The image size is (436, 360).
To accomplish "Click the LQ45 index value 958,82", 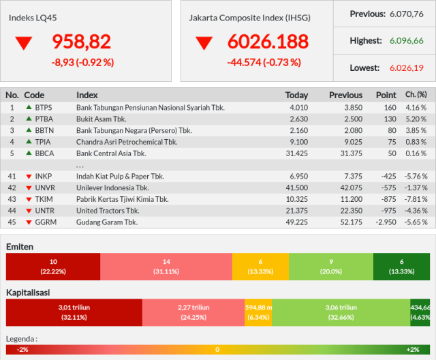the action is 82,42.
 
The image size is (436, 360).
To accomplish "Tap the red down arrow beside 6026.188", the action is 204,43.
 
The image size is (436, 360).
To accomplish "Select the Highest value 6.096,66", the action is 406,41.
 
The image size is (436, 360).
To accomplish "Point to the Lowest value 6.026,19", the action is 406,68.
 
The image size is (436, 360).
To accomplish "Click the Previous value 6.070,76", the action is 406,14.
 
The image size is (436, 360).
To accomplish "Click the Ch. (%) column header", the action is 416,95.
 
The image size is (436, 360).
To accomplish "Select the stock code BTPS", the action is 44,108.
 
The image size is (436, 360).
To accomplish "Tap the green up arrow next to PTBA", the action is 29,119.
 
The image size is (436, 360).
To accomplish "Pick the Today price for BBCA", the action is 297,153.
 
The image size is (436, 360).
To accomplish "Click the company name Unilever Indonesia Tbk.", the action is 112,187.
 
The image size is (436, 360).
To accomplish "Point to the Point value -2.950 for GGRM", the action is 386,222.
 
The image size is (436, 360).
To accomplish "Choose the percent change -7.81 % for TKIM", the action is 416,200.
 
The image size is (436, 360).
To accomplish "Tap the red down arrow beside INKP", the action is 29,177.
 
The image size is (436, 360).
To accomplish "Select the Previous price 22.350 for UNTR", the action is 352,211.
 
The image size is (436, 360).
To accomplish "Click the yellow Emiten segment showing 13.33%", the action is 260,267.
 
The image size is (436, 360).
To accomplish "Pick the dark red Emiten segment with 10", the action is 53,267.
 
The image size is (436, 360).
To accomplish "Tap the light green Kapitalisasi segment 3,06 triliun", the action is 341,312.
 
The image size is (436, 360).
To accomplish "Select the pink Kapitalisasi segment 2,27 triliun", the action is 193,312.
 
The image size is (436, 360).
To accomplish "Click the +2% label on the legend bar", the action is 413,350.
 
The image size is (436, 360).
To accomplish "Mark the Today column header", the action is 296,95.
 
